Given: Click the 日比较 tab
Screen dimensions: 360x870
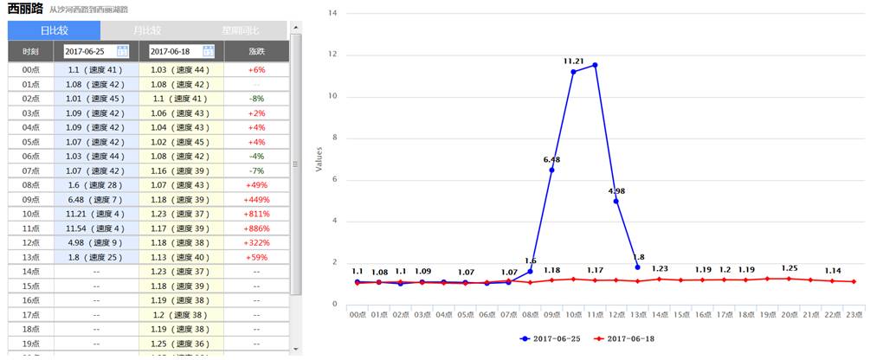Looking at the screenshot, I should pyautogui.click(x=54, y=30).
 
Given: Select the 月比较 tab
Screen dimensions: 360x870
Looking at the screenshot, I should pyautogui.click(x=146, y=30).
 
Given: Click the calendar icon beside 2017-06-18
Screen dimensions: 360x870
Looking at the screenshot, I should pyautogui.click(x=208, y=52).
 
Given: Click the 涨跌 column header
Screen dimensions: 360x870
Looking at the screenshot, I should pyautogui.click(x=256, y=52).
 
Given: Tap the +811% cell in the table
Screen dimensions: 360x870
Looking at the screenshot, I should pyautogui.click(x=256, y=214).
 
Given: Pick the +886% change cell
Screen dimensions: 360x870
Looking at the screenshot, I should pyautogui.click(x=256, y=228).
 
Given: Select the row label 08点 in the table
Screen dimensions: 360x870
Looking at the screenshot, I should pyautogui.click(x=31, y=185).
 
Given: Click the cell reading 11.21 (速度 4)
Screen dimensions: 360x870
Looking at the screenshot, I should pyautogui.click(x=96, y=214).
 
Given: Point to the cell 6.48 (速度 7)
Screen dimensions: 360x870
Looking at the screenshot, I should pyautogui.click(x=96, y=200).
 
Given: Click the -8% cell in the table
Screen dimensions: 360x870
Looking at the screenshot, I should pyautogui.click(x=256, y=99).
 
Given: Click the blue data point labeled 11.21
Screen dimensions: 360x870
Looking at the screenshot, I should pyautogui.click(x=573, y=72).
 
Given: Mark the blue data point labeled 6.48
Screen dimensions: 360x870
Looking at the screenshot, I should pyautogui.click(x=551, y=170).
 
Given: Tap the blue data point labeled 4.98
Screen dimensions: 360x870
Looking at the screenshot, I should pyautogui.click(x=616, y=201).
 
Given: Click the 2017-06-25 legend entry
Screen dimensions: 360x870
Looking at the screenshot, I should pyautogui.click(x=549, y=338).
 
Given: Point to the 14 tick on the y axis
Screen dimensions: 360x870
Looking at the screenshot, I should pyautogui.click(x=334, y=14).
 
